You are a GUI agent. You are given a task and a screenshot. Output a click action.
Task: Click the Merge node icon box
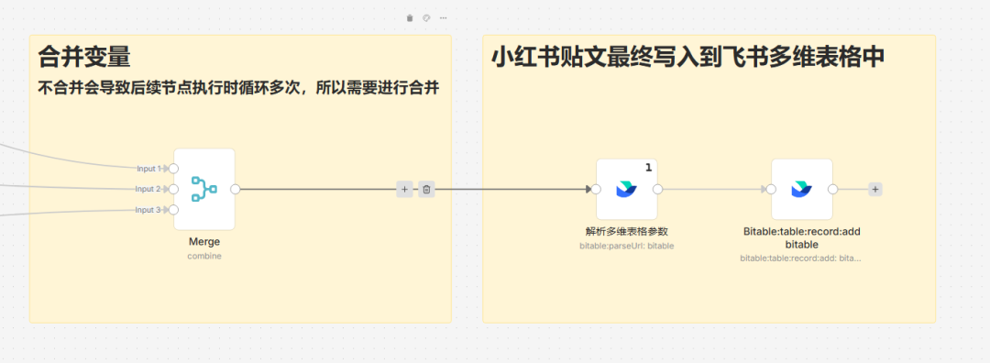(x=204, y=189)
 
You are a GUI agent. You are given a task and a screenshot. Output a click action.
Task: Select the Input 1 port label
(x=148, y=169)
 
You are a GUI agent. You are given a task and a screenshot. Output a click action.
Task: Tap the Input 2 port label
(x=148, y=189)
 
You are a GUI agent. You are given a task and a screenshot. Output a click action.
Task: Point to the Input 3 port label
(x=148, y=210)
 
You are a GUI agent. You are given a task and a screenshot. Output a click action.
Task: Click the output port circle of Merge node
(x=236, y=189)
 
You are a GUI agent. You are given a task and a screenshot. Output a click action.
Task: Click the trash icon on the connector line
(x=426, y=189)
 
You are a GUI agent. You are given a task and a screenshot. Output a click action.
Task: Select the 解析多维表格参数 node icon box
(x=627, y=189)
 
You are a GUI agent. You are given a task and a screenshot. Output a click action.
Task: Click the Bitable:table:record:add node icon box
(x=802, y=189)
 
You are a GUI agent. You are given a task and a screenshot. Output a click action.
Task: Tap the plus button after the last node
(x=875, y=189)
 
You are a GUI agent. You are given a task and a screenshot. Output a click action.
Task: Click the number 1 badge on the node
(x=648, y=167)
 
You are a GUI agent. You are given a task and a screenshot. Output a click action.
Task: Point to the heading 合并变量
(x=84, y=58)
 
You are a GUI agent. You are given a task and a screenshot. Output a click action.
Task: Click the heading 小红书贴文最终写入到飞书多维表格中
(x=687, y=58)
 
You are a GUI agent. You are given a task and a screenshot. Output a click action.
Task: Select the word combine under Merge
(x=204, y=256)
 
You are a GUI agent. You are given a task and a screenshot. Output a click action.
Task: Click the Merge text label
(x=204, y=242)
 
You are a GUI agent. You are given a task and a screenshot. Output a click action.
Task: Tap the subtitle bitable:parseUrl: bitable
(x=627, y=246)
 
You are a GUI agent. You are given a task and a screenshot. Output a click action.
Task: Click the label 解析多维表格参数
(x=627, y=231)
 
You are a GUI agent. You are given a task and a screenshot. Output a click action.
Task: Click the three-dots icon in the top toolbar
(x=443, y=18)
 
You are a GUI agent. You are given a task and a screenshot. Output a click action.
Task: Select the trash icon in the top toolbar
(x=410, y=18)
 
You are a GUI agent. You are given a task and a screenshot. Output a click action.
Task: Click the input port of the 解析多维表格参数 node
(x=596, y=189)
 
